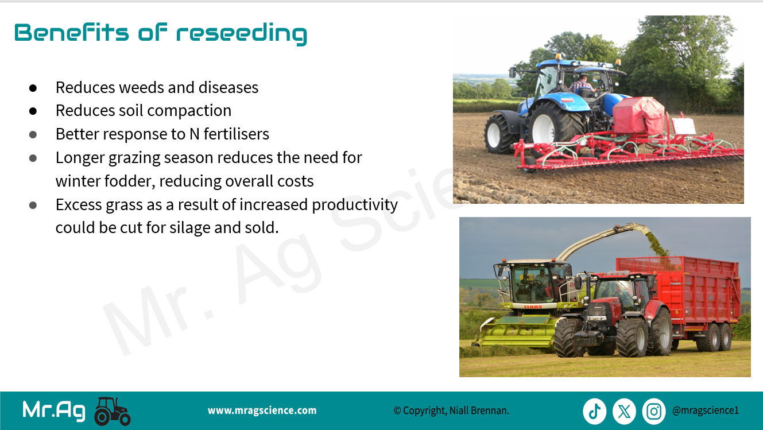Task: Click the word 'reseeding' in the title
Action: point(242,34)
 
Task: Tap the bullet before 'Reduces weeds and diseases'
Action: point(33,88)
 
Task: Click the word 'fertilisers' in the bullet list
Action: point(237,134)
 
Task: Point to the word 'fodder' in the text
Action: point(129,181)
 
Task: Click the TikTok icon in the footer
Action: point(594,411)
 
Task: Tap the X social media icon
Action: point(624,411)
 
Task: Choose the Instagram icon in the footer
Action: point(654,411)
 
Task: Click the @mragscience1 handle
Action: point(706,410)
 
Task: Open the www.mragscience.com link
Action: point(262,410)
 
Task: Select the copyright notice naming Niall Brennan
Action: point(451,410)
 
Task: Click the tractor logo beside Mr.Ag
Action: point(113,411)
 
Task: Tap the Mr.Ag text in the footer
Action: point(54,410)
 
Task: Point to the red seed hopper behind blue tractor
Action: point(638,115)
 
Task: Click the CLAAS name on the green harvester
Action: point(533,307)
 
